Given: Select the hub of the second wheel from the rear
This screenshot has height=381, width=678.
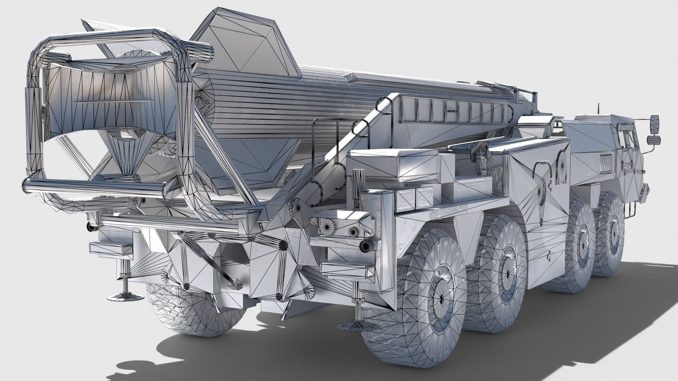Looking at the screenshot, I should [506, 263].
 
